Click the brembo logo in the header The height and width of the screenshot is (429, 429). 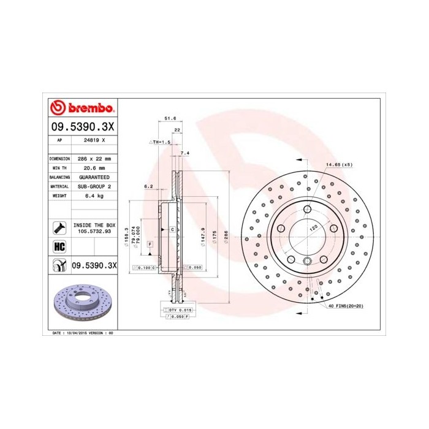tap(82, 108)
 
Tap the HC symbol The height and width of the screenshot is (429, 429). tap(60, 247)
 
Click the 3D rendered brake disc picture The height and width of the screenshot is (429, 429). tap(82, 304)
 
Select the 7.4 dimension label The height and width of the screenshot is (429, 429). tap(185, 153)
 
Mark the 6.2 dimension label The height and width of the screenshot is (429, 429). tap(148, 185)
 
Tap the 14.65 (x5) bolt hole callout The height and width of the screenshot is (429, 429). tap(339, 165)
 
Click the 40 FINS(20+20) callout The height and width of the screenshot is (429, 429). tap(347, 305)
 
